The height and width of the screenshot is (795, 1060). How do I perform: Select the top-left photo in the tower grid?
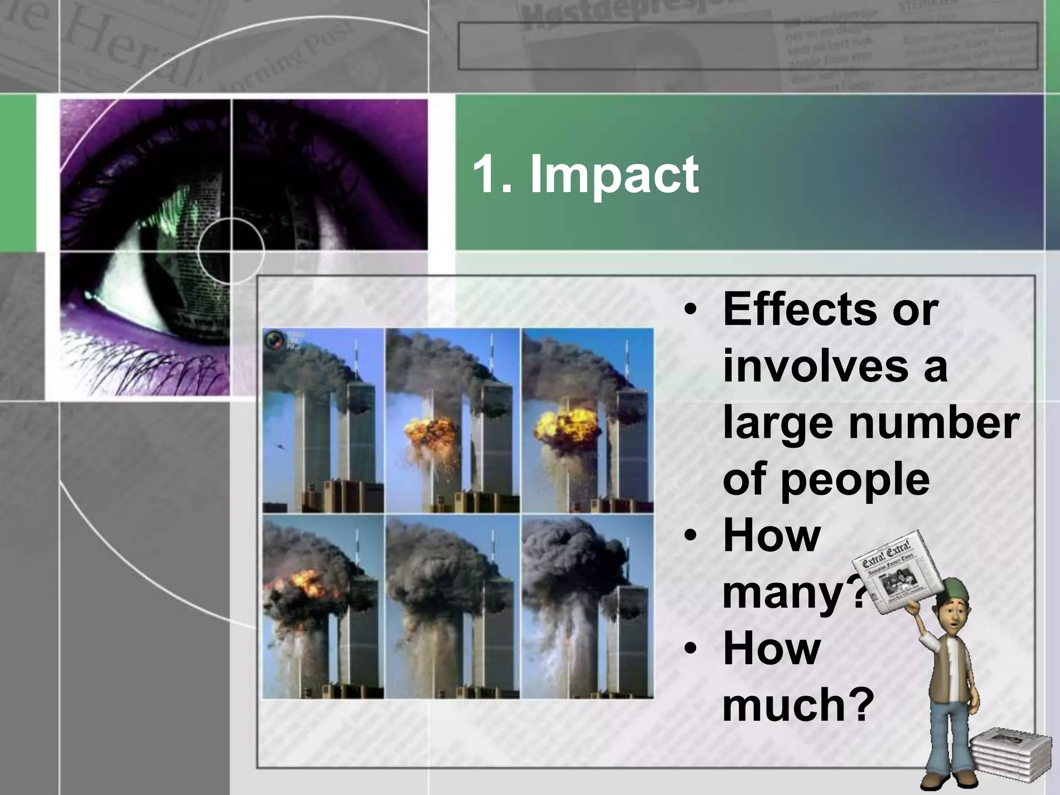pos(323,420)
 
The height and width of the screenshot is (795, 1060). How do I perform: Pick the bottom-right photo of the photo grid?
pos(587,606)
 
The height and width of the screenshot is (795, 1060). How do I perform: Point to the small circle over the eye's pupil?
pos(231,251)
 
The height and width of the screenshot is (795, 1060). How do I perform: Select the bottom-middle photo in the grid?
pos(453,606)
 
